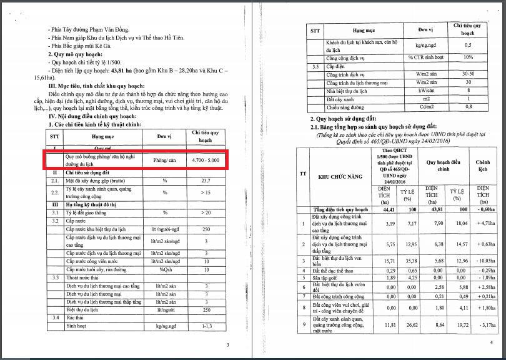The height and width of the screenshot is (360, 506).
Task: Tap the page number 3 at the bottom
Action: point(228,345)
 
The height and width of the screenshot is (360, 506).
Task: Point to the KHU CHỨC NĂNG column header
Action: point(340,177)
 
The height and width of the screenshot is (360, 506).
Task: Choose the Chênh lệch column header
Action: point(482,166)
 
